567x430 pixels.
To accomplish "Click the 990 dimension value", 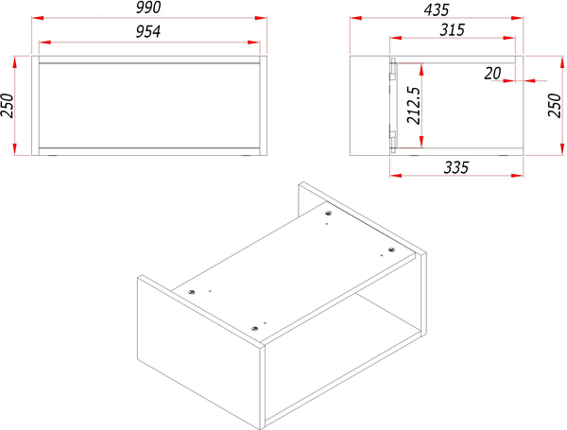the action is (x=148, y=8).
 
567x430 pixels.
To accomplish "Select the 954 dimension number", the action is (x=148, y=32).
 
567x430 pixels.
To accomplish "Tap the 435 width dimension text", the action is (x=437, y=10).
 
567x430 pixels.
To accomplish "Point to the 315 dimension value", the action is (x=452, y=30).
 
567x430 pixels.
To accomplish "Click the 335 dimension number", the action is (x=456, y=167).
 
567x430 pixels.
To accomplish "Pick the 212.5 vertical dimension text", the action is (x=414, y=105).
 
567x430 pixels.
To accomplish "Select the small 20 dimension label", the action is (x=492, y=74).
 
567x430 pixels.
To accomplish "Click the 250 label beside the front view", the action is (x=7, y=106).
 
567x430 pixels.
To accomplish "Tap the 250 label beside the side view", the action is (x=555, y=106).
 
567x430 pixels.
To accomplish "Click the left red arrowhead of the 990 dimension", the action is (x=38, y=18).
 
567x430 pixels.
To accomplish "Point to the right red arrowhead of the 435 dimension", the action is (x=517, y=18).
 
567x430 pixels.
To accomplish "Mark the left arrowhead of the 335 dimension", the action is (x=396, y=176).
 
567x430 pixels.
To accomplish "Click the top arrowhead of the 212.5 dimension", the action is (x=421, y=70).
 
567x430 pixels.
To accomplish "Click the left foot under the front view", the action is (x=52, y=156).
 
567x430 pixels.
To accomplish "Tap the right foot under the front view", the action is (x=247, y=156).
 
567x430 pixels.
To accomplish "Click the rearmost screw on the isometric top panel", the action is (x=328, y=213).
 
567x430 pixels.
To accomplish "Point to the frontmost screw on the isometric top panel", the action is (x=254, y=329).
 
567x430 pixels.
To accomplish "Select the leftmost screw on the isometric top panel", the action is (x=191, y=292).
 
